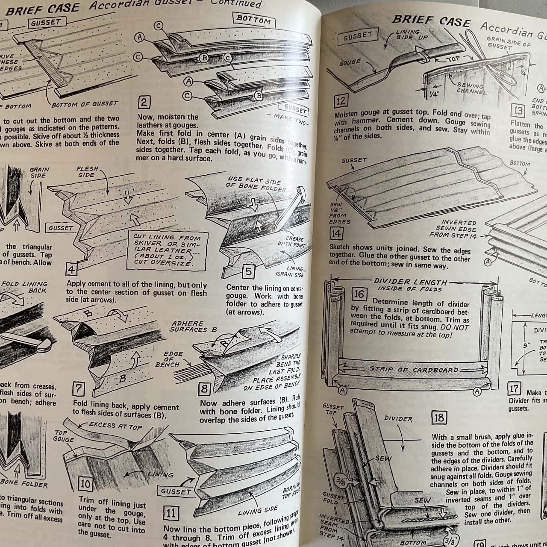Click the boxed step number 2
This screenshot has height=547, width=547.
point(144,103)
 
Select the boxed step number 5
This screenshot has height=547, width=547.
point(248,272)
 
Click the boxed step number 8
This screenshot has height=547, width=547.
point(205,389)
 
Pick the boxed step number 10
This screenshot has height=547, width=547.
point(85,484)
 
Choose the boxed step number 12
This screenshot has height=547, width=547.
point(341,102)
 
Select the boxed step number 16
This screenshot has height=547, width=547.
point(358,294)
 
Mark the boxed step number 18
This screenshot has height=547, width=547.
point(439,418)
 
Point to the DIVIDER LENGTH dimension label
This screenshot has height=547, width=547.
point(410,282)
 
